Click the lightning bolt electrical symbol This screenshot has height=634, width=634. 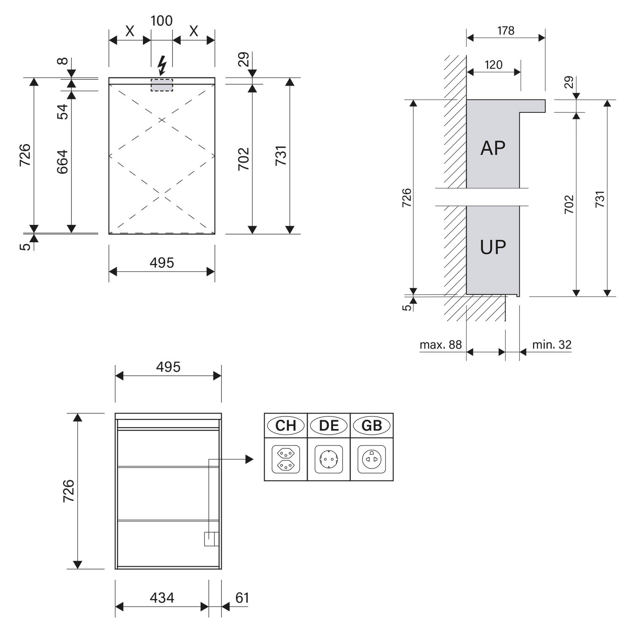tap(161, 66)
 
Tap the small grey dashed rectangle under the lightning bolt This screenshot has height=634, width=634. tap(162, 85)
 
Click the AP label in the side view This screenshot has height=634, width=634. tap(493, 148)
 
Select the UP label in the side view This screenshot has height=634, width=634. tap(493, 247)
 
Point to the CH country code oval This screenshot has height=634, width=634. tap(286, 425)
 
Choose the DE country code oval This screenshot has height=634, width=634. tap(329, 425)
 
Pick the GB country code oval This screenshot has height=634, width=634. tap(372, 425)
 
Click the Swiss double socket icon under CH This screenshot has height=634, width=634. tap(286, 459)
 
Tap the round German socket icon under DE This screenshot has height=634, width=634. tap(329, 459)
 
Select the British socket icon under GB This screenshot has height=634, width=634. tap(372, 459)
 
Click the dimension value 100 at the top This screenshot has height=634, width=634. tap(161, 21)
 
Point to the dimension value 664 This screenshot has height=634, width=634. tap(62, 162)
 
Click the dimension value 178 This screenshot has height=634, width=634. tap(506, 31)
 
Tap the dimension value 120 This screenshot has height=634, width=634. tap(493, 65)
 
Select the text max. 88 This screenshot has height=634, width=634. tap(440, 345)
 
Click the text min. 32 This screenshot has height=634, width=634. tap(552, 345)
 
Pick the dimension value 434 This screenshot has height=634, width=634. tap(162, 598)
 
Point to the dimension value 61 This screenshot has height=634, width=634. tap(242, 598)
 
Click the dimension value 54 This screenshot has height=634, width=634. tap(62, 112)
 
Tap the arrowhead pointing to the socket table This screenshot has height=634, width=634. tap(249, 459)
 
